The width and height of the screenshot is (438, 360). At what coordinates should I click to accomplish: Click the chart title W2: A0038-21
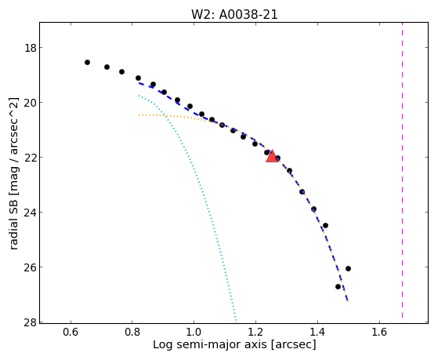pos(234,14)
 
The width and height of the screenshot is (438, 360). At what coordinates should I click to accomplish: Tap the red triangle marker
pos(272,157)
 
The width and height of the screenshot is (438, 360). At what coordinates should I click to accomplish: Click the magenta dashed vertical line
pos(402,170)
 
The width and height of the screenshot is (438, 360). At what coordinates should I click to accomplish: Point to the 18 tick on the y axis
pos(31,48)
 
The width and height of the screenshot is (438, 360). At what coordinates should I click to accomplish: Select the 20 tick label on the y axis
pos(31,103)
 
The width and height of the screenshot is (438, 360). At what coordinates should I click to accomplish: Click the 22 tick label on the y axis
pos(31,157)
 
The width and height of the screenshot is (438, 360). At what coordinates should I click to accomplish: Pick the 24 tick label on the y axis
pos(31,212)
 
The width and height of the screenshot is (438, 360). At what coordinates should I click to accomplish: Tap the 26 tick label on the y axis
pos(31,267)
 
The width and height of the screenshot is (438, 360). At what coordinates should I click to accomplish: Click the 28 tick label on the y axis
pos(31,322)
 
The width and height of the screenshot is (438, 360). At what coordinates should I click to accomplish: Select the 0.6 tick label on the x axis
pos(71,332)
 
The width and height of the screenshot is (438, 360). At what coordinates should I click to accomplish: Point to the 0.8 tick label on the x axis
pos(132,332)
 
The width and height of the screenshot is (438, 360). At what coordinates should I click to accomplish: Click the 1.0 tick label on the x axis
pos(194,332)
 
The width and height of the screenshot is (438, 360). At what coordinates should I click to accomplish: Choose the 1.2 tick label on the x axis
pos(256,332)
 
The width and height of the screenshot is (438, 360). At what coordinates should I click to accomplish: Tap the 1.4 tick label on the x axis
pos(317,332)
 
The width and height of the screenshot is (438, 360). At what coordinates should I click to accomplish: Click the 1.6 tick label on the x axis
pos(379,332)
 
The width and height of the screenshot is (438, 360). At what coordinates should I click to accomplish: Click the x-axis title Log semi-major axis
pos(210,344)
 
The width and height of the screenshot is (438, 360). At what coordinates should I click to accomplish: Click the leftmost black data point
pos(88,62)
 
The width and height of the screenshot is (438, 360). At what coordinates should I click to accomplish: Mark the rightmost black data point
pos(348,268)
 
